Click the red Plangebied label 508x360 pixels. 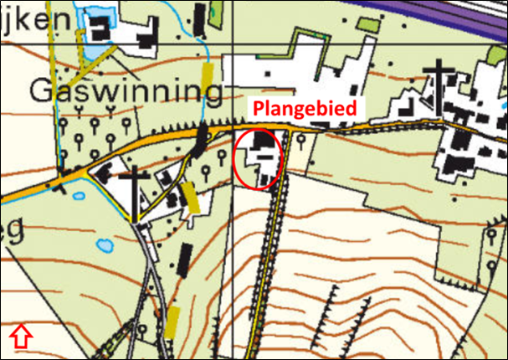tap(310, 107)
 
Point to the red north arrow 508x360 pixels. tap(21, 337)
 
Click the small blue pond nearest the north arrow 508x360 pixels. tap(105, 246)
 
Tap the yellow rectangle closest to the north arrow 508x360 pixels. tap(174, 322)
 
